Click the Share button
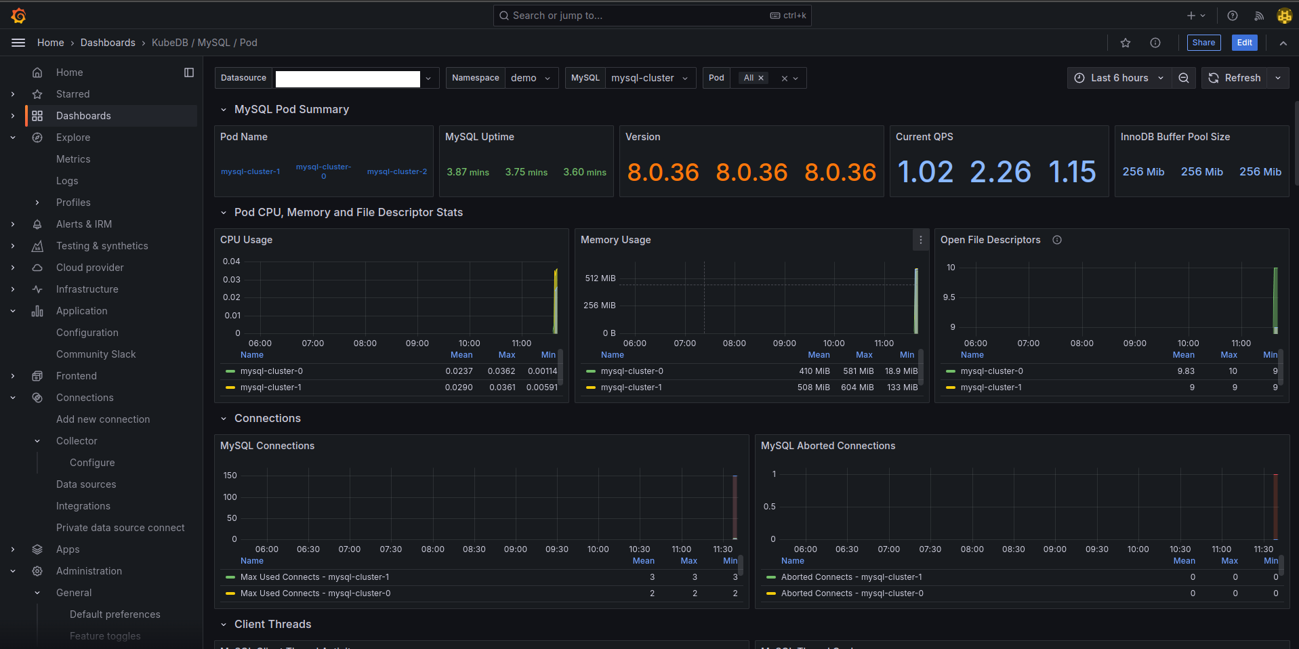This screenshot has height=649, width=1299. coord(1203,43)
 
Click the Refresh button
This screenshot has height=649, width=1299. coord(1235,78)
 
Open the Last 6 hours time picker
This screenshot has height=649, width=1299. coord(1119,78)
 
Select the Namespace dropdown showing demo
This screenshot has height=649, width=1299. coord(531,78)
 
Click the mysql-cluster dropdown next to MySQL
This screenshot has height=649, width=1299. coord(649,78)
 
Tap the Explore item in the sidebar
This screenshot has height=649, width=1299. coord(73,138)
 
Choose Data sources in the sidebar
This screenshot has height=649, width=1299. coord(86,484)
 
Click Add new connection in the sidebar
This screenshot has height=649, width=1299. coord(103,419)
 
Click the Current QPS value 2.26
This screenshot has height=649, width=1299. coord(1000,172)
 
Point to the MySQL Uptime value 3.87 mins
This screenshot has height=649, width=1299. coord(468,172)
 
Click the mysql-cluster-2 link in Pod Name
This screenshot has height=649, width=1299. coord(397,171)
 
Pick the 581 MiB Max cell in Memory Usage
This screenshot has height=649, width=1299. coord(858,371)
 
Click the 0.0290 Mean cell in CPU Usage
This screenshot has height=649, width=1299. coord(459,388)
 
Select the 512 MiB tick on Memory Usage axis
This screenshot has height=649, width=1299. coord(600,278)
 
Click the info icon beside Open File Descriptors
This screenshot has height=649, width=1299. coord(1057,240)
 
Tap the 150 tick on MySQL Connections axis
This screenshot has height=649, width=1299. coord(230,476)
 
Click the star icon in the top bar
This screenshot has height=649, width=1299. coord(1126,43)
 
